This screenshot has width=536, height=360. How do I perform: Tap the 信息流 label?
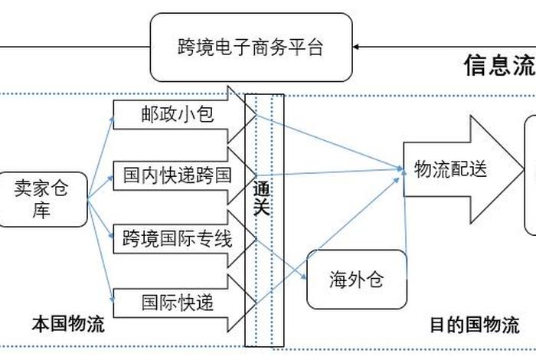point(498,66)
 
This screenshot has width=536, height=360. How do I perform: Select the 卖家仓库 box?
point(41,199)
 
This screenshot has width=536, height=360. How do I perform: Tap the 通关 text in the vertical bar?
point(262,198)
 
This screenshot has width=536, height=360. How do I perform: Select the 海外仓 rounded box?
point(356,280)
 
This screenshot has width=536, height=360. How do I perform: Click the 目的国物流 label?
point(473,325)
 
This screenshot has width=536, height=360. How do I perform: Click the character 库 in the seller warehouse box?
point(41,211)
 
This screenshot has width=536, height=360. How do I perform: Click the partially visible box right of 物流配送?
point(530,175)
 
